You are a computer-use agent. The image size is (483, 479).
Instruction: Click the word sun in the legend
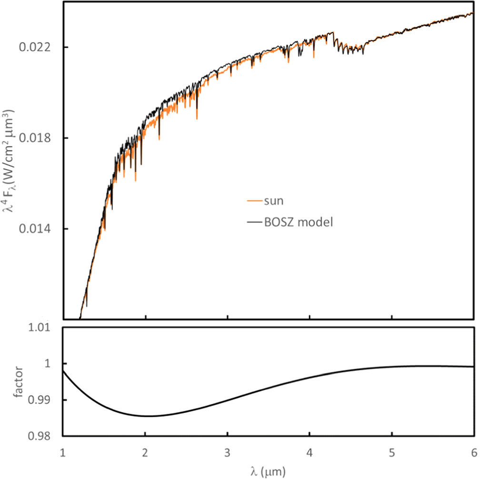click(274, 201)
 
